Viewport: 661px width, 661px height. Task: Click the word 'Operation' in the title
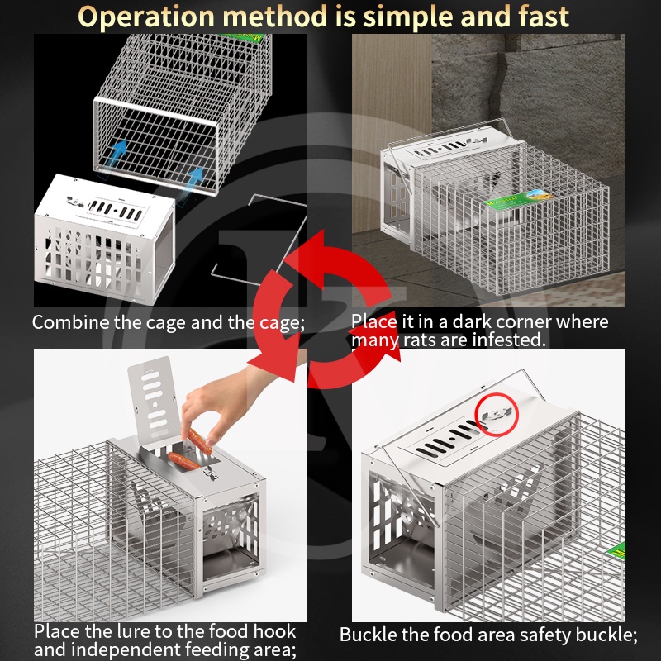146,17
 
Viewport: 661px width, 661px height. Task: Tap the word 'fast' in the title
544,17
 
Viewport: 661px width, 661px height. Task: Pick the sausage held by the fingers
199,441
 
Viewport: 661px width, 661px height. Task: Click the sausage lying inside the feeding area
183,461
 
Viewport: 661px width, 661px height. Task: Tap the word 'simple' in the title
407,17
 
